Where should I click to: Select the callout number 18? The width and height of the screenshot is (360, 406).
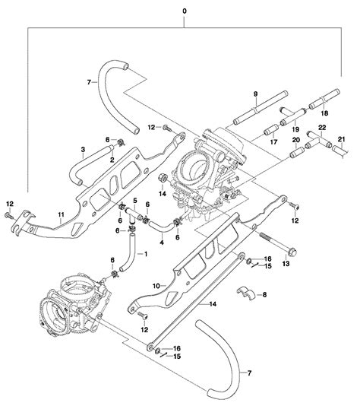[x=335, y=112]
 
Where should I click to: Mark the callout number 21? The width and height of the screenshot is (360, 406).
[x=342, y=139]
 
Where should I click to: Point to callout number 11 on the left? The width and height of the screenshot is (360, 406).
[x=61, y=216]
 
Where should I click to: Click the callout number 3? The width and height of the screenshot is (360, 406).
[x=74, y=152]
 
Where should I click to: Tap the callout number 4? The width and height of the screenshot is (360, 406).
[x=163, y=243]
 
